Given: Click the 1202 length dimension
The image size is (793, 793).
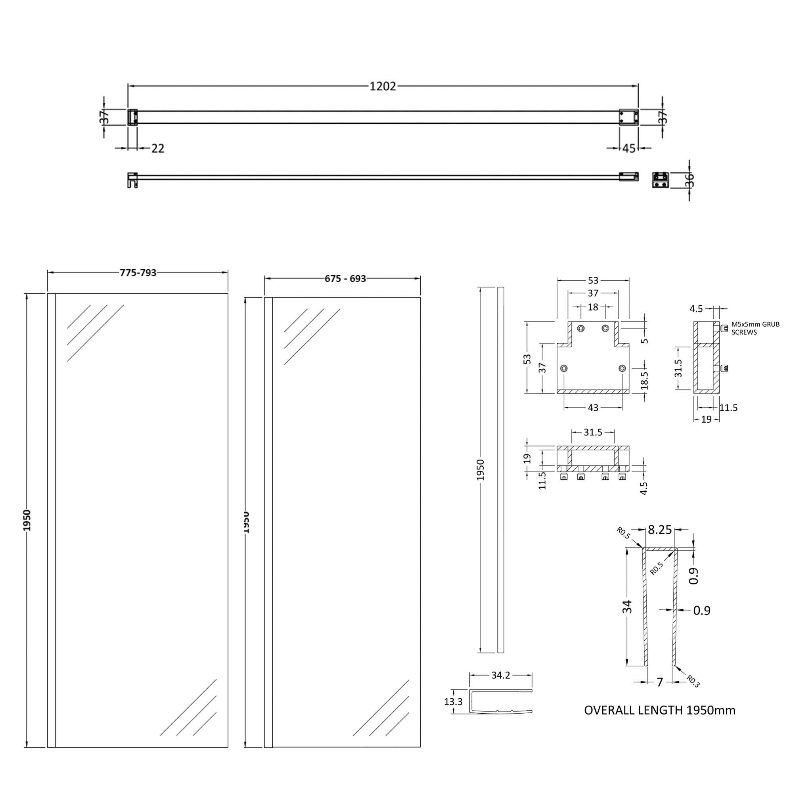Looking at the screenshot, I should [x=383, y=86].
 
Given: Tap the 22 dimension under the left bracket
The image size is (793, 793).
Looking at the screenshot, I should [x=158, y=148].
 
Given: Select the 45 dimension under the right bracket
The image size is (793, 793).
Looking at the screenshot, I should [x=629, y=148].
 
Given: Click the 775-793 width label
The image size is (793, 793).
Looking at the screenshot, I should [x=138, y=272].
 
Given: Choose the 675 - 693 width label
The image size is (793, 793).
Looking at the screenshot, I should [x=345, y=279].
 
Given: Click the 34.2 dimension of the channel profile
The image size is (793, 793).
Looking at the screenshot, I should [x=500, y=675].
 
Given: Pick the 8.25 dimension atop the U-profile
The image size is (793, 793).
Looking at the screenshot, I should [x=660, y=530].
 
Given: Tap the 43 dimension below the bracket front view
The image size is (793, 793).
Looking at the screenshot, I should [x=593, y=408].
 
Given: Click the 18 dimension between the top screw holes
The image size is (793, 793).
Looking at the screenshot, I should [x=593, y=306].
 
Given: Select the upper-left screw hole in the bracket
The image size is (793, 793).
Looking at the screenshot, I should [x=581, y=328].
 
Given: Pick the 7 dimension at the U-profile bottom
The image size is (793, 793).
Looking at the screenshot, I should [x=660, y=682].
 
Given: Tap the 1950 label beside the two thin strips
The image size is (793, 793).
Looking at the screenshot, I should [x=481, y=470].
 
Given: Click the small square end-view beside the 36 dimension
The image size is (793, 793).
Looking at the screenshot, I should [x=661, y=180].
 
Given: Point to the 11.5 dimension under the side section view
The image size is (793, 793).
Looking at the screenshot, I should [x=728, y=408].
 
